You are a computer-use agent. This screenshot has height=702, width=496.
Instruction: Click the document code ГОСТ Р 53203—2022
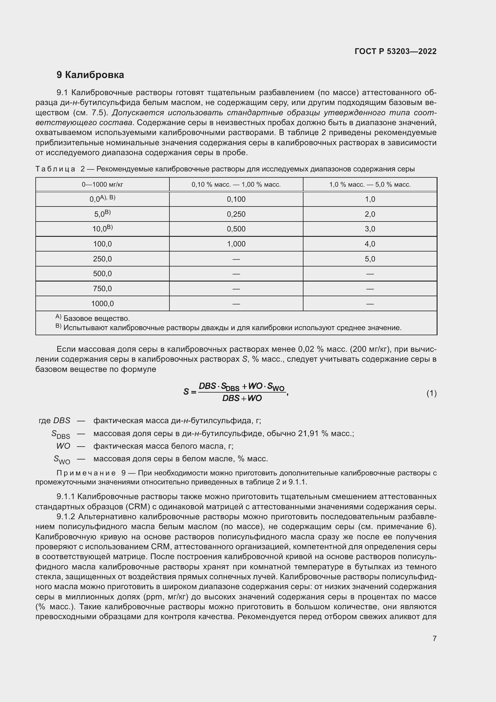[x=395, y=51]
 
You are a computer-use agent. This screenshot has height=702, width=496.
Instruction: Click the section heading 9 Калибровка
[x=90, y=75]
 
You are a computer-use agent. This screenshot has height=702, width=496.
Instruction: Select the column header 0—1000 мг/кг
[x=102, y=185]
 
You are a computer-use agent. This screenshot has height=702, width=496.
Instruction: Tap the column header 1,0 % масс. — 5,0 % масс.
[x=369, y=185]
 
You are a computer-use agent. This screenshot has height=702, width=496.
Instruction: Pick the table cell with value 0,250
[x=236, y=214]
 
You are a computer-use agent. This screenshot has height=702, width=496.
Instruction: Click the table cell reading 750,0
[x=102, y=289]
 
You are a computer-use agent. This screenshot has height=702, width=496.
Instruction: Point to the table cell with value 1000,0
[x=102, y=304]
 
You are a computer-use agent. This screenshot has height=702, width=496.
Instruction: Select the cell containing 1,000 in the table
[x=236, y=244]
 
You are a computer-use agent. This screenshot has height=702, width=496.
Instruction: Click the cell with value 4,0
[x=369, y=244]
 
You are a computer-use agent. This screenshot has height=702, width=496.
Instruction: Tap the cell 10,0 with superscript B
[x=102, y=229]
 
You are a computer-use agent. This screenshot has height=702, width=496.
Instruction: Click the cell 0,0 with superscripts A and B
[x=102, y=199]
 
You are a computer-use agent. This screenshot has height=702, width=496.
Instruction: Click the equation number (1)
[x=431, y=393]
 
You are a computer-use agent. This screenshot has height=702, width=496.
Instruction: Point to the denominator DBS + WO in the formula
[x=242, y=398]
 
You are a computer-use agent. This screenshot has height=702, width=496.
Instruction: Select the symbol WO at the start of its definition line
[x=63, y=446]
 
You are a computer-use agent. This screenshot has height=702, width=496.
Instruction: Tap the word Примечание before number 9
[x=86, y=473]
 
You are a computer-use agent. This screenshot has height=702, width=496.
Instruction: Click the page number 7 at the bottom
[x=434, y=638]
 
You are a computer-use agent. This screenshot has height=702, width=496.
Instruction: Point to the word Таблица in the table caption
[x=55, y=169]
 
